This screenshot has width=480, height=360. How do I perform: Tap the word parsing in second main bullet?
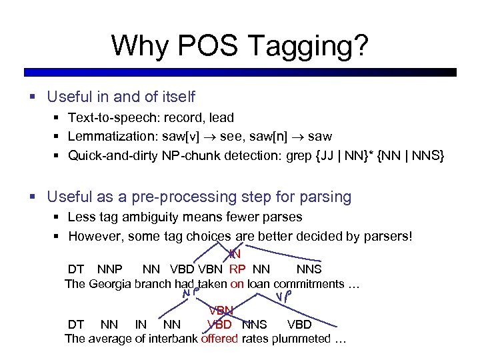pos(323,197)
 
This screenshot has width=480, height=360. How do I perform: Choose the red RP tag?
pos(237,269)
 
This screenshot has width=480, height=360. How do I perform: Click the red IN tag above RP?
pos(234,254)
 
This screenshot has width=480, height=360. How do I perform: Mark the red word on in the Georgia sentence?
pos(237,285)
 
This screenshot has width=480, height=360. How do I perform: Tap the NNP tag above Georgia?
pos(111,269)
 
